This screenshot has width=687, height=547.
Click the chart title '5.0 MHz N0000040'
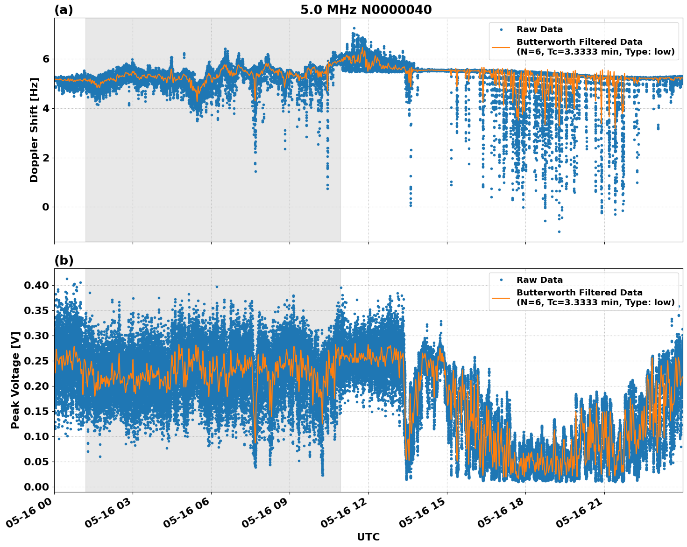366,10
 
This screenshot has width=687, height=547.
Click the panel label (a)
64,10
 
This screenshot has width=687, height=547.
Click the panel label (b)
64,260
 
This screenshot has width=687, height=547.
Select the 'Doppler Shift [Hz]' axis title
34,130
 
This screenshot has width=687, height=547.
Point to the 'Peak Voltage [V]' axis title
15,380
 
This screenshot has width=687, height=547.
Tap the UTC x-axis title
368,537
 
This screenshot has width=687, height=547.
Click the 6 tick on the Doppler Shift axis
46,59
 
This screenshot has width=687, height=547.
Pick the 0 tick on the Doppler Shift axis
46,207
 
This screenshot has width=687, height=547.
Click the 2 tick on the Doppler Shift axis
46,158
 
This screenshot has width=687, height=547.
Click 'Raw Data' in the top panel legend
539,29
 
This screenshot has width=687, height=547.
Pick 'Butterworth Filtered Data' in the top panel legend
579,42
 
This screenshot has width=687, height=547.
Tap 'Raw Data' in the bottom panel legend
539,280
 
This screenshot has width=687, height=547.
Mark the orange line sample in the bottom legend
501,297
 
